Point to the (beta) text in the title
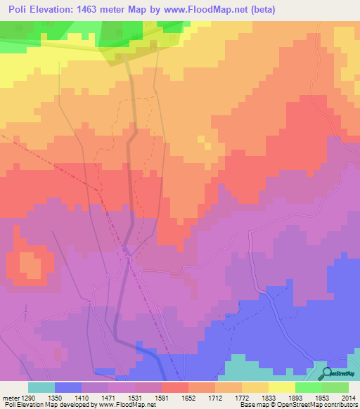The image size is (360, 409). pyautogui.click(x=261, y=9)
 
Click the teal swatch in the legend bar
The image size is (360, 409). pyautogui.click(x=41, y=387)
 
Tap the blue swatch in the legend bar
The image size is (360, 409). pyautogui.click(x=67, y=387)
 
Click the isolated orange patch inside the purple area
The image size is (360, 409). pyautogui.click(x=29, y=266)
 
